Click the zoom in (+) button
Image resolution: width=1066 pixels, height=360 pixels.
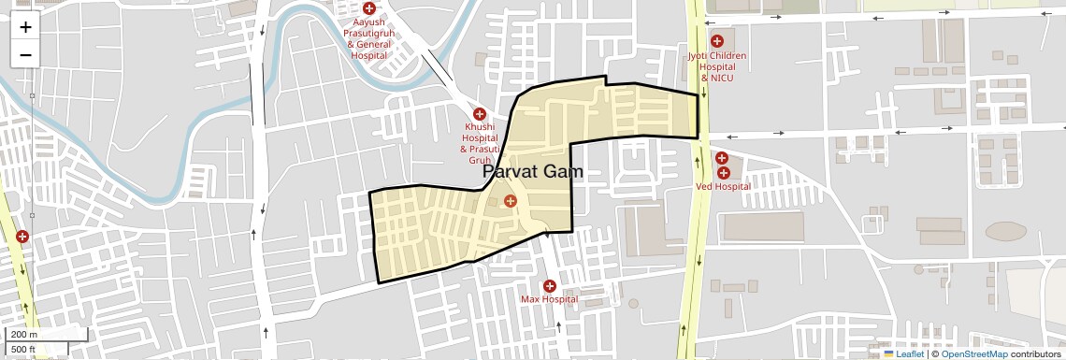click(x=25, y=26)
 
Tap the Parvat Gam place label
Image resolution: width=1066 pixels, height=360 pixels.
click(x=533, y=172)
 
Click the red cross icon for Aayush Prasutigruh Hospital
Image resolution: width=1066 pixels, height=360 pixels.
click(x=368, y=7)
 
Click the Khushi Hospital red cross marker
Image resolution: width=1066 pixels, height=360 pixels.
click(x=480, y=114)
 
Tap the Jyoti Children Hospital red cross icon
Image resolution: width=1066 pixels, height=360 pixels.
click(x=717, y=41)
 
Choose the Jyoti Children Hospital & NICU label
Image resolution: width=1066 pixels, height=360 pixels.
click(x=717, y=66)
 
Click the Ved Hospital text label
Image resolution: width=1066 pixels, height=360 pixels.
click(x=723, y=186)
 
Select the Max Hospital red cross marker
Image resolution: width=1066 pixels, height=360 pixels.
click(x=549, y=285)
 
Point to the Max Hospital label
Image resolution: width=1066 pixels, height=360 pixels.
click(x=549, y=299)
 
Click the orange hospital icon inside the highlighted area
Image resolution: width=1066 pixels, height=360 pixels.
click(x=510, y=201)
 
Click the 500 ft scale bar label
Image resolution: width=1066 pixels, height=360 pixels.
click(x=23, y=350)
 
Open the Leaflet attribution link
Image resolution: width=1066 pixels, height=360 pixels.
click(x=909, y=353)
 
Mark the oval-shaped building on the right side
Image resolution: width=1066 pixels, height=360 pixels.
click(x=1005, y=231)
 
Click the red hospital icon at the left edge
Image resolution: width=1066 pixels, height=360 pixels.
click(x=22, y=238)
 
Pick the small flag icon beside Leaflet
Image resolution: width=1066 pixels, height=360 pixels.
click(x=888, y=353)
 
